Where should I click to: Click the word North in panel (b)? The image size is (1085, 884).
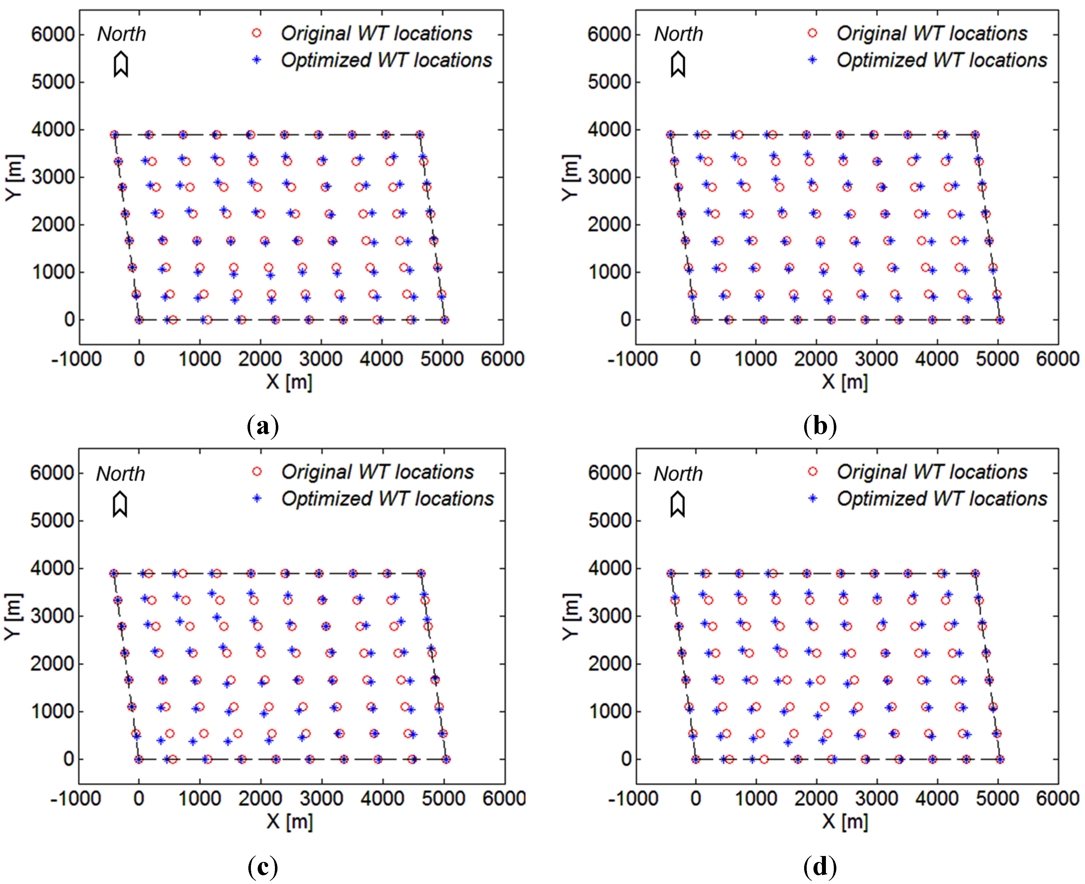[x=678, y=34]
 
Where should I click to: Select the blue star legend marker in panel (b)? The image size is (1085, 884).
[x=812, y=60]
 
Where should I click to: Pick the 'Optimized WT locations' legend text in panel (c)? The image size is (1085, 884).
[x=388, y=498]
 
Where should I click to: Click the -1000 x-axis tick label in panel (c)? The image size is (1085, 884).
[x=75, y=798]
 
